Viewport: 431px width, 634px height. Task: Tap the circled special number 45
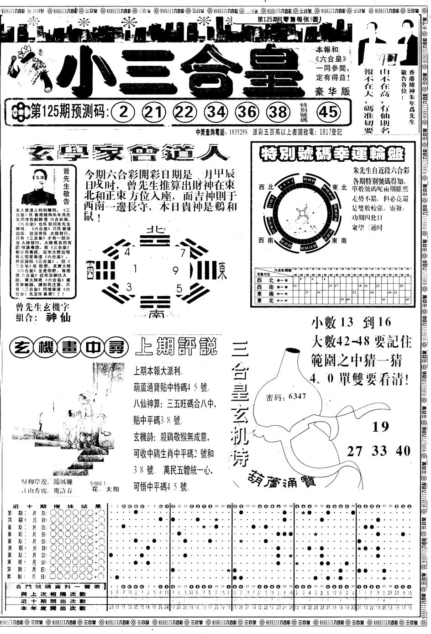click(x=329, y=111)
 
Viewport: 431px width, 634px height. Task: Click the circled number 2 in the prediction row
click(x=123, y=111)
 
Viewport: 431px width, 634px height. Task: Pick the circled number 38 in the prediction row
click(x=279, y=111)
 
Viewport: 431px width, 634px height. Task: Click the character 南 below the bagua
click(x=156, y=315)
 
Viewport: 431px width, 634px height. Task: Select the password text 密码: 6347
click(x=286, y=396)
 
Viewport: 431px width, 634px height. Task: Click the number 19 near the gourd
click(x=380, y=427)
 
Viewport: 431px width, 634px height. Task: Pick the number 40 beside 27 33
click(x=403, y=451)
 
